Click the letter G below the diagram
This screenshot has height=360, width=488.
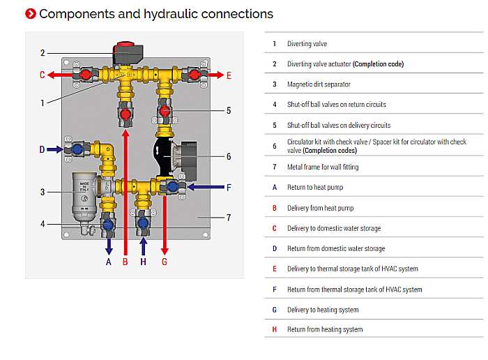tap(165, 262)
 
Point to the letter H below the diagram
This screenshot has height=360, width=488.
tap(143, 262)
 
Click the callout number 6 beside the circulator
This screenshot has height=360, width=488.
tap(228, 156)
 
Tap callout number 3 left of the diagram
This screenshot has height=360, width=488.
tap(43, 192)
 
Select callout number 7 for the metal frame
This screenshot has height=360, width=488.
tap(228, 218)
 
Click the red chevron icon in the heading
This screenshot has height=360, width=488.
tap(31, 14)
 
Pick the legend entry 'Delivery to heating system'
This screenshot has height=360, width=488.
tap(323, 310)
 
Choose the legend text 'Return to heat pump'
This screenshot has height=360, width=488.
tap(315, 188)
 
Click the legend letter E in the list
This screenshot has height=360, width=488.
tap(274, 269)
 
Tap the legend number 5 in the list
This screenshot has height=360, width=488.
tap(274, 126)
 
